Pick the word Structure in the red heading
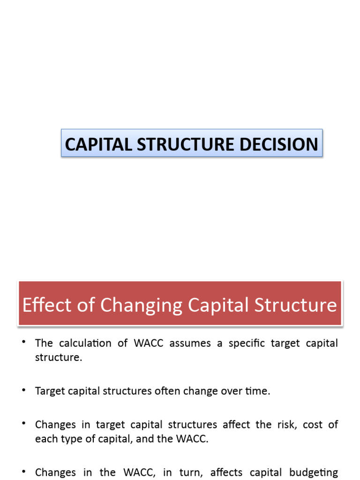coord(298,305)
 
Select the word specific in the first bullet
coord(247,343)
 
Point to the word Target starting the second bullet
coord(49,391)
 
